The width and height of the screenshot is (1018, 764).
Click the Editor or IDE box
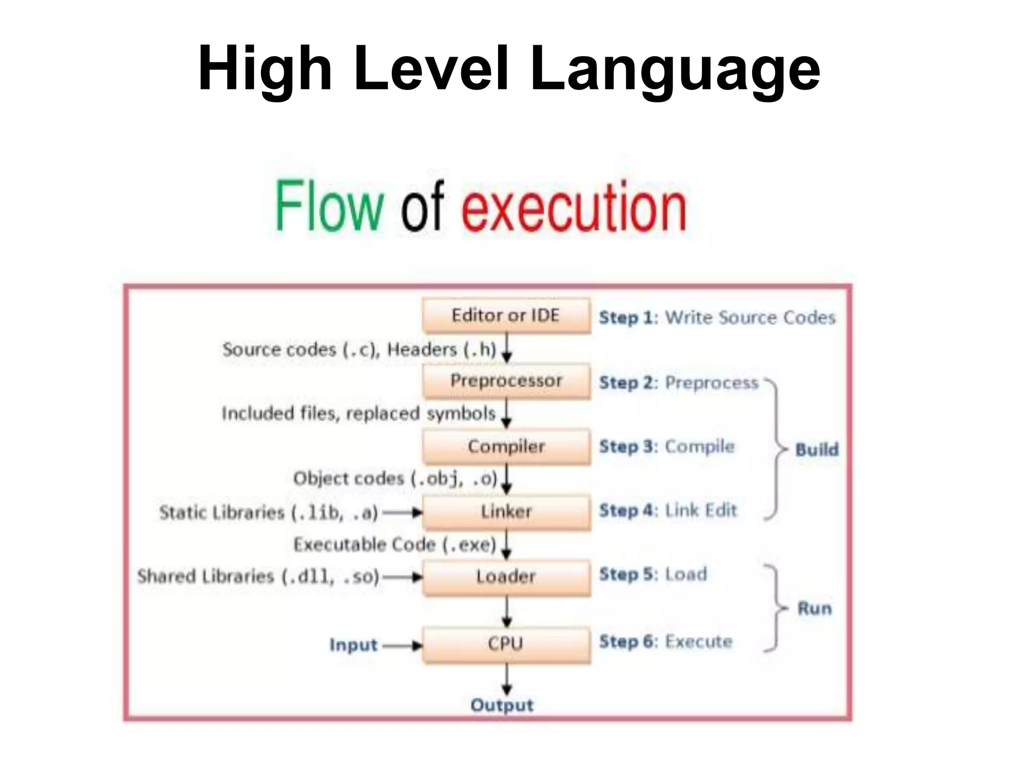[507, 315]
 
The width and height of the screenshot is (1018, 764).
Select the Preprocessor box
[507, 381]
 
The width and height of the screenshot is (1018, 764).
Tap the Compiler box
[507, 446]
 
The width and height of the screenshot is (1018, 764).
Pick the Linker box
[507, 511]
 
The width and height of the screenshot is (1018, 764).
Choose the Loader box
[507, 576]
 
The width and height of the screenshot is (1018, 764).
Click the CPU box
[507, 644]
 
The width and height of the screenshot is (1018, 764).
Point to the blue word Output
[502, 705]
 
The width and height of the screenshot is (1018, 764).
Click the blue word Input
[353, 645]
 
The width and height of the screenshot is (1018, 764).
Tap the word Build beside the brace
[817, 450]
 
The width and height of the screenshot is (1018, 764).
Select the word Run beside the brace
[814, 608]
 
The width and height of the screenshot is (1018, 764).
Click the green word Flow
[329, 206]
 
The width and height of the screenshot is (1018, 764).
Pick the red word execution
[574, 207]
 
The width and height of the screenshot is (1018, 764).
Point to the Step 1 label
[627, 317]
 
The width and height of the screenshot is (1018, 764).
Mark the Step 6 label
[627, 642]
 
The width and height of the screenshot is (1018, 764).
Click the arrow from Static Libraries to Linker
[402, 512]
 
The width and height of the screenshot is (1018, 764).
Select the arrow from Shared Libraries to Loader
[402, 577]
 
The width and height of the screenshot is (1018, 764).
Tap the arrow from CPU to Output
[507, 679]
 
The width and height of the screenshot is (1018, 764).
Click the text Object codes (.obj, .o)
[395, 478]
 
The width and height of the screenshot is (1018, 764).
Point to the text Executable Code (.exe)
[395, 545]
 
